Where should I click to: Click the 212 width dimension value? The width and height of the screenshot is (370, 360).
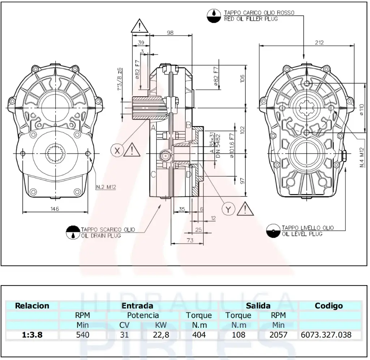coord(319,42)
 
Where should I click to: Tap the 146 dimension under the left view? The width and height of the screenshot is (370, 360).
coord(55,209)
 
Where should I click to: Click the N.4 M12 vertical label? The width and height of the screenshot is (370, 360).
coord(362,159)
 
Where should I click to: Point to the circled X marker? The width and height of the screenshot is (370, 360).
coord(117,151)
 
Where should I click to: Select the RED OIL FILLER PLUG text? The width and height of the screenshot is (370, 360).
coord(251,19)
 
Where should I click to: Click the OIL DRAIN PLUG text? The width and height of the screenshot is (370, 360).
coord(101,236)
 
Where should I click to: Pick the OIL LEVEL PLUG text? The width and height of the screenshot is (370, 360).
coord(302,234)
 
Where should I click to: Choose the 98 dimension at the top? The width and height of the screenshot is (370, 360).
coord(170,33)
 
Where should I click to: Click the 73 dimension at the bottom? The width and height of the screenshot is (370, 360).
coord(190,240)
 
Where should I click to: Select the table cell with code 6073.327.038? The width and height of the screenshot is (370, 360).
coord(326,335)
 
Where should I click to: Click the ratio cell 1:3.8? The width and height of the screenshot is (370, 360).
coord(32,335)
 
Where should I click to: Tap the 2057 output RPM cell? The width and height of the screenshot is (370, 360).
coord(278,335)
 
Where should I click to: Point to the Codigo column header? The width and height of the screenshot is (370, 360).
coord(328,306)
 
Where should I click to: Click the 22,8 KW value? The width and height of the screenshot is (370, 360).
coord(161,335)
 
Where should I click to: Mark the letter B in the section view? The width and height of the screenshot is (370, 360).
coord(188,125)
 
